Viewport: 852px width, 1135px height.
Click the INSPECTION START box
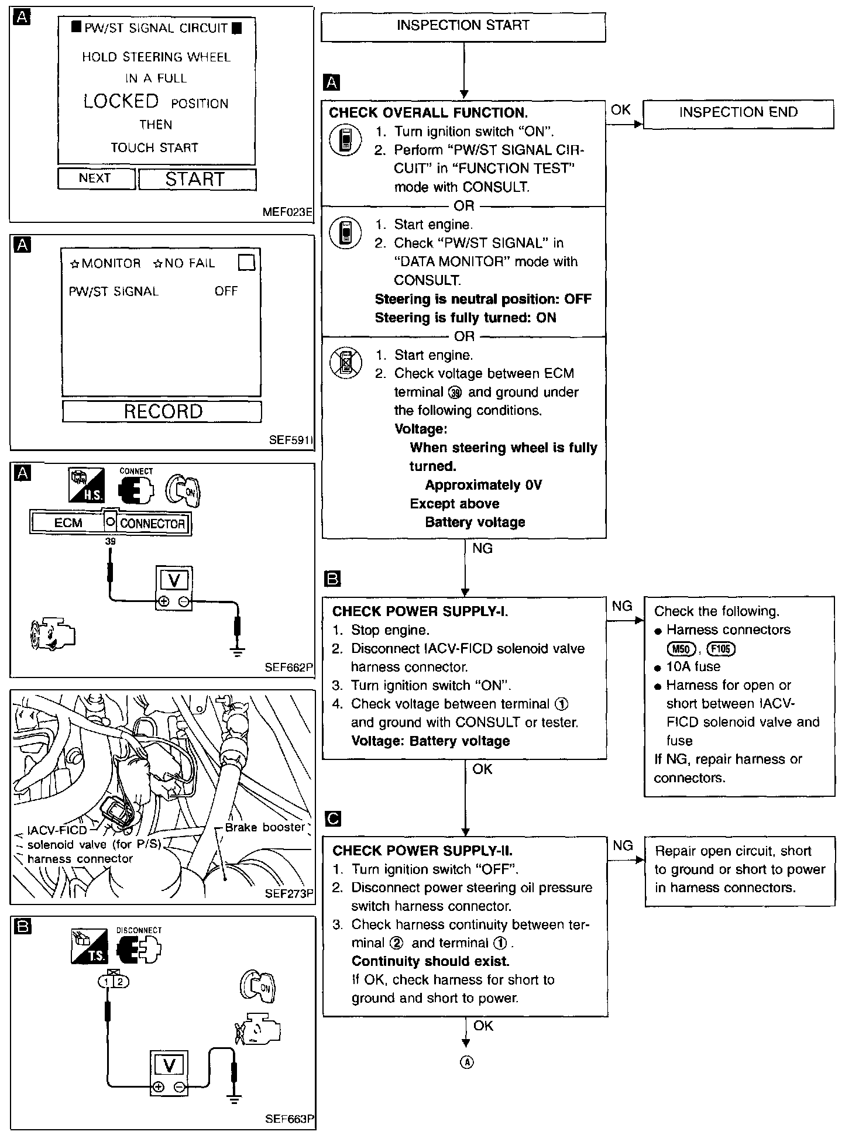tap(462, 26)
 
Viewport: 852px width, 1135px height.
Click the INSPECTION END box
tap(738, 113)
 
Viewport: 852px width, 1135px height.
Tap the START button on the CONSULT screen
tap(197, 179)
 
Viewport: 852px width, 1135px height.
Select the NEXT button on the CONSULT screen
tap(95, 178)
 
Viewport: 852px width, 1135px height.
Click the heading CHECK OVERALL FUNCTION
tap(428, 113)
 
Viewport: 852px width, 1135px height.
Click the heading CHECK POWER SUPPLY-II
tap(422, 851)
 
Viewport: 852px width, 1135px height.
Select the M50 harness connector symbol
tap(681, 649)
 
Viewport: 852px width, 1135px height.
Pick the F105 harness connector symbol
tap(721, 649)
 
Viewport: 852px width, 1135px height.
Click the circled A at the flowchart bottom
tap(466, 1062)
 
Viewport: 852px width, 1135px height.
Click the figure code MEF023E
tap(287, 212)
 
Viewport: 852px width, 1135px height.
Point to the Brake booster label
tap(264, 827)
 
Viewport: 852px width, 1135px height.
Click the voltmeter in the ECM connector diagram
tap(174, 587)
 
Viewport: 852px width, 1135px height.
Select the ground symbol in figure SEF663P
tap(235, 1099)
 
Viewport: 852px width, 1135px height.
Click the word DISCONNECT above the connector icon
tap(139, 930)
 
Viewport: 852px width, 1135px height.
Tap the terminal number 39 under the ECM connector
tap(110, 542)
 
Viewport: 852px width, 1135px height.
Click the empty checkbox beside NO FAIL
tap(247, 263)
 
